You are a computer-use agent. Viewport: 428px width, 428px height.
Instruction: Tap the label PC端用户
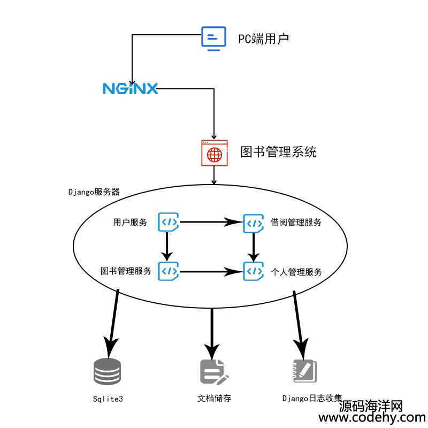click(264, 39)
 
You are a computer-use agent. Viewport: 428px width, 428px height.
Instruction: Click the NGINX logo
click(131, 88)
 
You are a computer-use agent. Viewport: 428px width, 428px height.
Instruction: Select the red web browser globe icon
click(214, 154)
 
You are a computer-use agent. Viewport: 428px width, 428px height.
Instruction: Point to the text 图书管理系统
click(278, 152)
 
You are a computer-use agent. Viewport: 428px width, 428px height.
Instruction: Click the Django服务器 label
click(94, 191)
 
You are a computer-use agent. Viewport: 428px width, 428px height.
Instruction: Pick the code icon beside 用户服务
click(168, 221)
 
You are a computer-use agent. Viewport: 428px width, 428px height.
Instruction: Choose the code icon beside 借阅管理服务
click(253, 223)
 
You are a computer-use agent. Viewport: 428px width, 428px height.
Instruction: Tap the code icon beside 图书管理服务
click(168, 270)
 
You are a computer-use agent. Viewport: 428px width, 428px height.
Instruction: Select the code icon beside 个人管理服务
click(253, 271)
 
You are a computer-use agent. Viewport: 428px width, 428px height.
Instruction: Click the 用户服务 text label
click(130, 223)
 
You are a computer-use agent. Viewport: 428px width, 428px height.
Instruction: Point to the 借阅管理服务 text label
click(296, 223)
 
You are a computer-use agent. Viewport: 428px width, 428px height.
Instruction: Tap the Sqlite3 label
click(108, 399)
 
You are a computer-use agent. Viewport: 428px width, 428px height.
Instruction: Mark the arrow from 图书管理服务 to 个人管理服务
click(209, 271)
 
